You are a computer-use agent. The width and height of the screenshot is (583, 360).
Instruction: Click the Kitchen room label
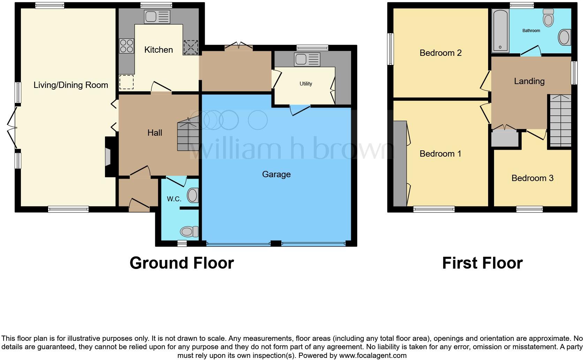(159, 50)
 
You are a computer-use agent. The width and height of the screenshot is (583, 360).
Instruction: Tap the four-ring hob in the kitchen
(127, 46)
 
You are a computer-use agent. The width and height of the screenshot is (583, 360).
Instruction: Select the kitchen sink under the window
(157, 17)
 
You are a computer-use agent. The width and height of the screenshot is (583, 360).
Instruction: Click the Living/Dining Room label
(71, 85)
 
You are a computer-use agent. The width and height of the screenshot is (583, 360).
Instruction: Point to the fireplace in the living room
(108, 156)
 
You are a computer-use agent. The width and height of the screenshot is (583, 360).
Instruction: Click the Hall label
(155, 133)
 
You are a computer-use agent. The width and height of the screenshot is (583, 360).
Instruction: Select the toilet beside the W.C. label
(193, 195)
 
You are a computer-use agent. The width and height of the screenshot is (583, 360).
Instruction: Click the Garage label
(276, 174)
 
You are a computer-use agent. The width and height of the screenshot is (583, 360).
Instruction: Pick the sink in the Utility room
(307, 59)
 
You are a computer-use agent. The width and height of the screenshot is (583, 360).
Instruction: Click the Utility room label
(306, 84)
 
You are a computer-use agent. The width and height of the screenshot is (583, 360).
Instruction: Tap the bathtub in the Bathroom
(500, 30)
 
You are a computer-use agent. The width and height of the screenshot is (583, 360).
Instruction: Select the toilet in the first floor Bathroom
(548, 18)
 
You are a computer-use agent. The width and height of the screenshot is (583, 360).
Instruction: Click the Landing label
(529, 81)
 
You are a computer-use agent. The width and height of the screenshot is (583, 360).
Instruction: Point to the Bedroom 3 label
(532, 178)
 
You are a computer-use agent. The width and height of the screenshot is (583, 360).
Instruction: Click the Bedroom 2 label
(440, 53)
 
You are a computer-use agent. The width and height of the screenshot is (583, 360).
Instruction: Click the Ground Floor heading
(182, 263)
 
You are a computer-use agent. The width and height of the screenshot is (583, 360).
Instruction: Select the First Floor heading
(482, 263)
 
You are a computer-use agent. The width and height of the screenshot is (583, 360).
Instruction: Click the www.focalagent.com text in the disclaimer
(372, 355)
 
